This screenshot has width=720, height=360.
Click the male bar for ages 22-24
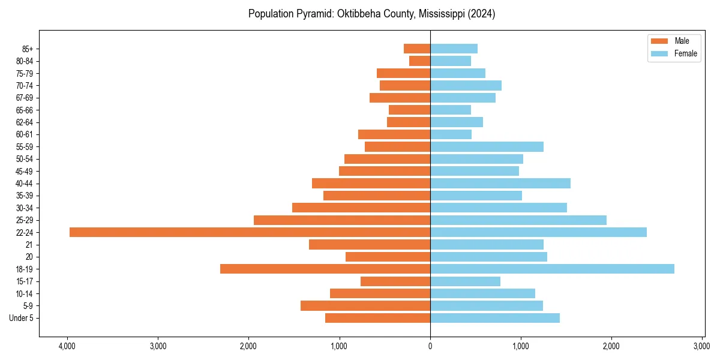(250, 232)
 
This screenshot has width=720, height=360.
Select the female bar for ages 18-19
(552, 269)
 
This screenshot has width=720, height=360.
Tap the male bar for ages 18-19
(325, 269)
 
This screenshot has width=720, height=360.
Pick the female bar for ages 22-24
(538, 232)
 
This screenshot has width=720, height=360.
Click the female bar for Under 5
(495, 318)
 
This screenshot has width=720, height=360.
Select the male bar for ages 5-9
(365, 305)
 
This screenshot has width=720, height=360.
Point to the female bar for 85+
(454, 49)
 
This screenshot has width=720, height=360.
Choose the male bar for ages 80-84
(420, 61)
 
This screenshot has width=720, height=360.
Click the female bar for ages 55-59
(487, 146)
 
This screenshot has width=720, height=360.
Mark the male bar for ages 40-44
(371, 183)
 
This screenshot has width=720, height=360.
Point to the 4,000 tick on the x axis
(67, 346)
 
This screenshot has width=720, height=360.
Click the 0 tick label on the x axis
(430, 346)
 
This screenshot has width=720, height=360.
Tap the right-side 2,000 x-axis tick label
(611, 346)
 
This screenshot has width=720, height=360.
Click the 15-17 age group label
(24, 281)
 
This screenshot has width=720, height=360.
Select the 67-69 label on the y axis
(24, 98)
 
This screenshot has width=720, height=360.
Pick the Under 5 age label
(21, 318)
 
